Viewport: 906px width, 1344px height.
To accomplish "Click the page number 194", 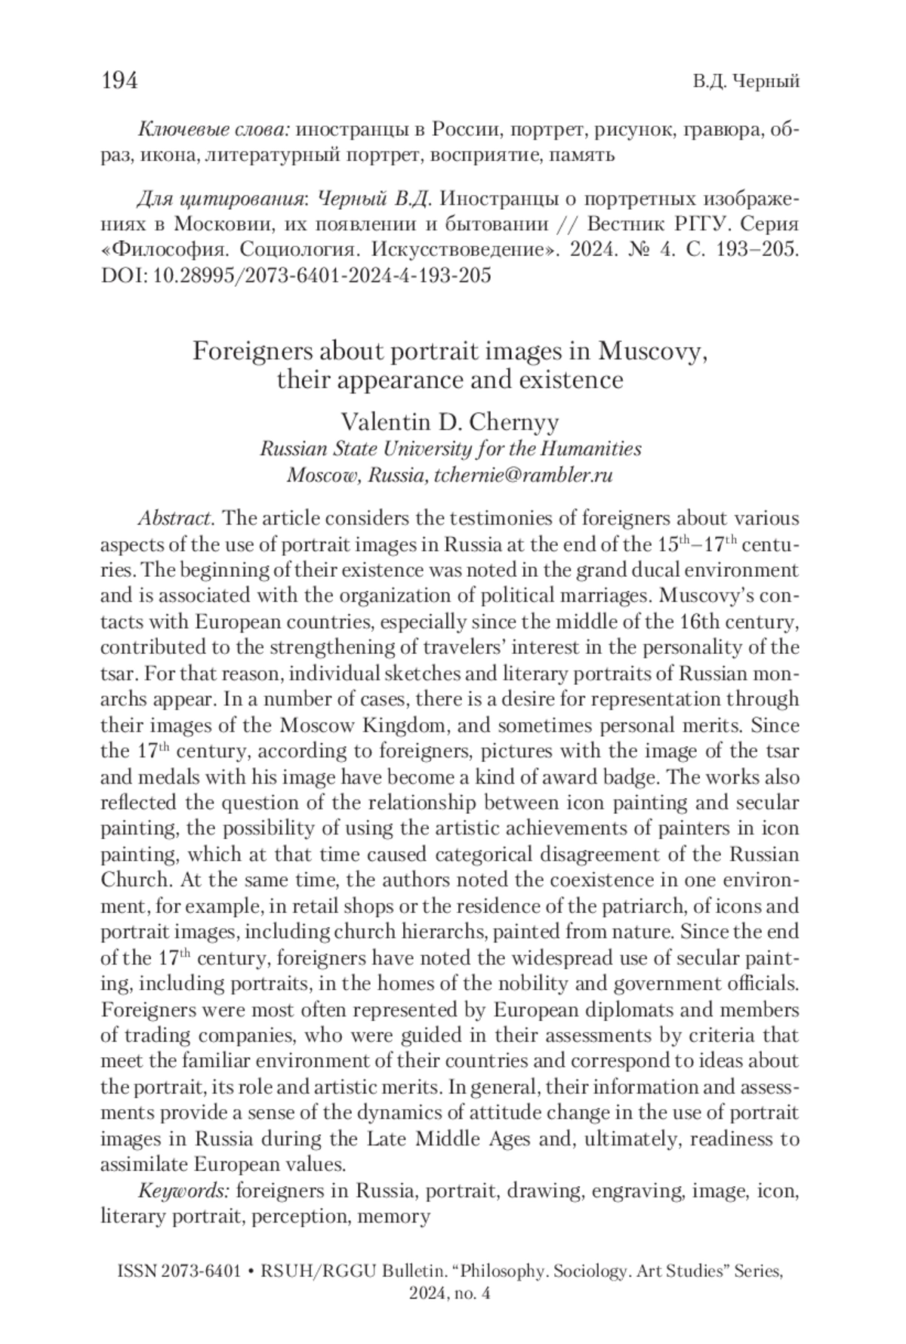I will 119,81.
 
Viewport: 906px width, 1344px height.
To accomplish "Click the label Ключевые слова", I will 214,130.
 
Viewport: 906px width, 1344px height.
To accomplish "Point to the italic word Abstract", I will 177,519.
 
